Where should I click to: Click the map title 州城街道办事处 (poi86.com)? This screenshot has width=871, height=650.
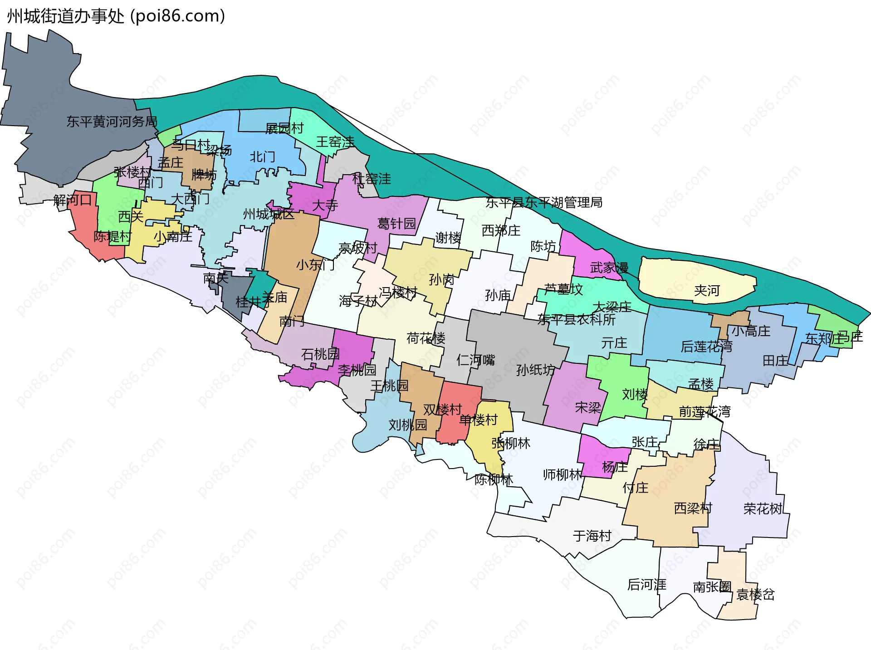116,16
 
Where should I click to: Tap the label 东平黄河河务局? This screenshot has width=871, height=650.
112,122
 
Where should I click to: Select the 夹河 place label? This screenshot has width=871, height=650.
707,290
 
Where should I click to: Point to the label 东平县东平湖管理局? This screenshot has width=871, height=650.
544,202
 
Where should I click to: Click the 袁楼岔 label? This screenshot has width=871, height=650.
755,594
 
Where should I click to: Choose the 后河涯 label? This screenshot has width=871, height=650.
646,585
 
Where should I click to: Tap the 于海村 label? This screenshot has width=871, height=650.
592,536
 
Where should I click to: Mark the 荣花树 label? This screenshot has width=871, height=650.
763,509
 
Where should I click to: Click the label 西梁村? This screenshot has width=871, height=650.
693,508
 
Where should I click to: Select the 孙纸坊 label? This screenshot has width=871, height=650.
535,370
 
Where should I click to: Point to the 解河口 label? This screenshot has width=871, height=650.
72,200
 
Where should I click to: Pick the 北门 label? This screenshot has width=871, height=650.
262,157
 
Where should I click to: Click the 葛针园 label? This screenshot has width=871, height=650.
396,224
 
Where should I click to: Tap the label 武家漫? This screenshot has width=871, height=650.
609,268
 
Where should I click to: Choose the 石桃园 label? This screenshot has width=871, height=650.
320,354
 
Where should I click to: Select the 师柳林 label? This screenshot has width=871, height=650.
563,475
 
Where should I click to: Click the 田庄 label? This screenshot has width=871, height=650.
775,361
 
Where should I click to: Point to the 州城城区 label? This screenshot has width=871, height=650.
269,214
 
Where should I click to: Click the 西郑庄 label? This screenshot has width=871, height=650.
501,230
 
